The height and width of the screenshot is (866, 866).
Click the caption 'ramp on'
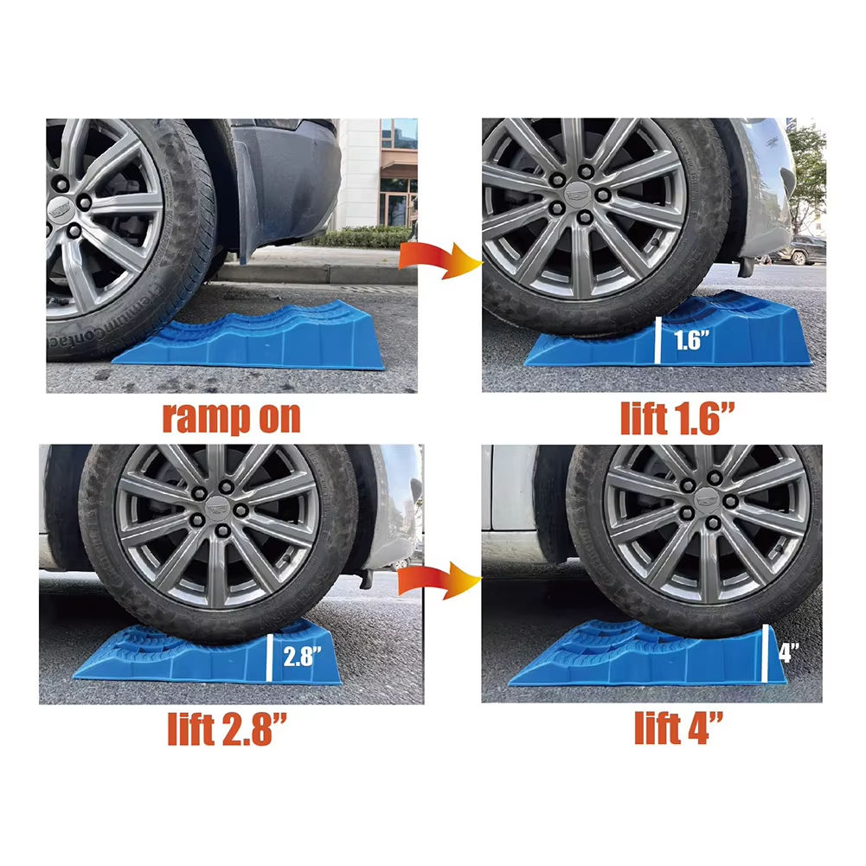click(231, 418)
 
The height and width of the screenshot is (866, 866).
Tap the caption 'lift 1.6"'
click(678, 418)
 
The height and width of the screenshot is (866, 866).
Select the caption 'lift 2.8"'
click(227, 728)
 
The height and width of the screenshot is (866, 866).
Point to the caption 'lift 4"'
click(679, 728)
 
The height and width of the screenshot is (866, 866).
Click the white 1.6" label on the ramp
click(691, 340)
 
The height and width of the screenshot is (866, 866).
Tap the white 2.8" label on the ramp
click(302, 656)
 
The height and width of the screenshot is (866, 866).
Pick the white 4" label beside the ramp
click(789, 652)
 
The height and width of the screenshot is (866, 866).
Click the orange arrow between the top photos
click(440, 259)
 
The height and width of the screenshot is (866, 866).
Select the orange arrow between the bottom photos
click(439, 580)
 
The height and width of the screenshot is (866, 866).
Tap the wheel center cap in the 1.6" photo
click(578, 193)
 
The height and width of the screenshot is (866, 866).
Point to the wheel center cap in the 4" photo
click(707, 499)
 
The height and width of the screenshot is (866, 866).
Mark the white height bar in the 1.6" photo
click(658, 340)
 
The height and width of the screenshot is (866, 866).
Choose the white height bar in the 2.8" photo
click(270, 658)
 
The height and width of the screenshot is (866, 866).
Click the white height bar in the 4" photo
click(765, 654)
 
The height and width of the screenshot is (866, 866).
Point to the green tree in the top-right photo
click(807, 171)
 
